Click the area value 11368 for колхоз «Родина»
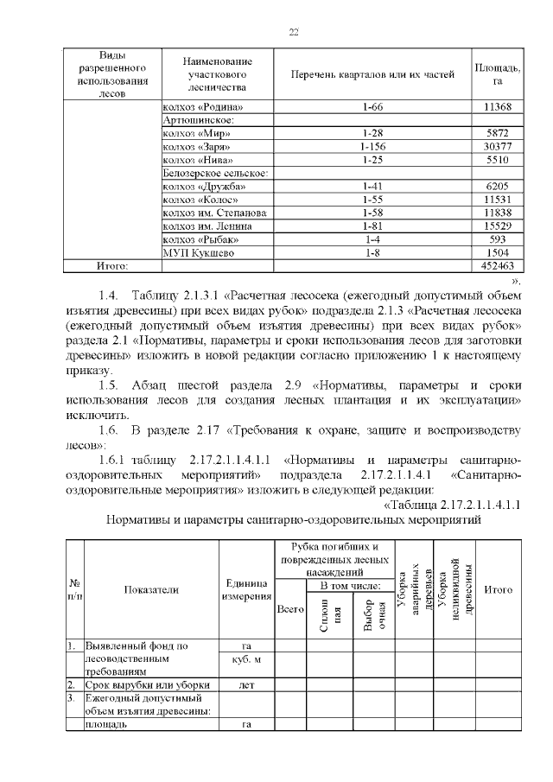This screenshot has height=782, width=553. point(498,107)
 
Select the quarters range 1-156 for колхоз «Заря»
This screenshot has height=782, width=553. point(373,147)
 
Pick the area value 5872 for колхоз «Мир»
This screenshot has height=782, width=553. point(498,134)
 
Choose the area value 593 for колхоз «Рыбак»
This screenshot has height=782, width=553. point(498,239)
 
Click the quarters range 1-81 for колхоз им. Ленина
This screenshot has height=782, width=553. point(373,226)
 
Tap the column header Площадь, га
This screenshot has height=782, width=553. point(498,74)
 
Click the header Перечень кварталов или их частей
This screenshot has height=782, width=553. point(373,74)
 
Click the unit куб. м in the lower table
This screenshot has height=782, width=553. point(246,658)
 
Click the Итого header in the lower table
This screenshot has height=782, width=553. point(498,589)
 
